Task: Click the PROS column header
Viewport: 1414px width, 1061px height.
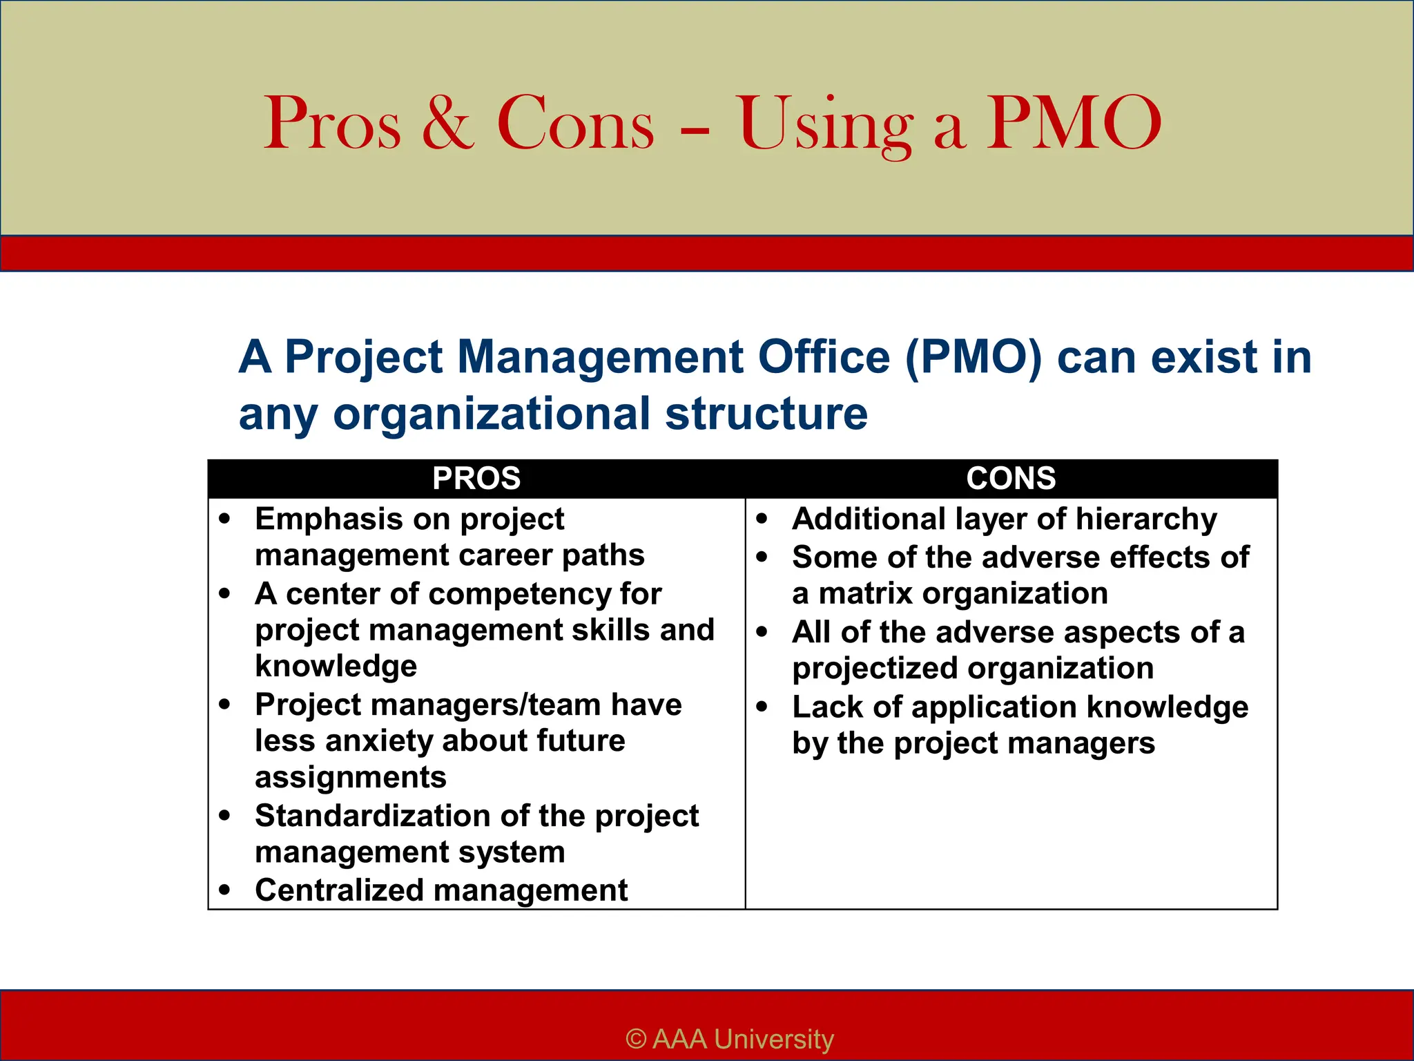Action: point(476,479)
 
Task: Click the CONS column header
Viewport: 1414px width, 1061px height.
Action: point(1011,479)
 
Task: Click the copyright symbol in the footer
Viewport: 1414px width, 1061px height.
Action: point(636,1039)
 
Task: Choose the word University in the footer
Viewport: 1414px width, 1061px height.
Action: point(774,1039)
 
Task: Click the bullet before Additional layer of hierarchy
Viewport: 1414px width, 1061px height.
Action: point(762,519)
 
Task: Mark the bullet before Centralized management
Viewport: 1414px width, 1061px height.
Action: point(224,890)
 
